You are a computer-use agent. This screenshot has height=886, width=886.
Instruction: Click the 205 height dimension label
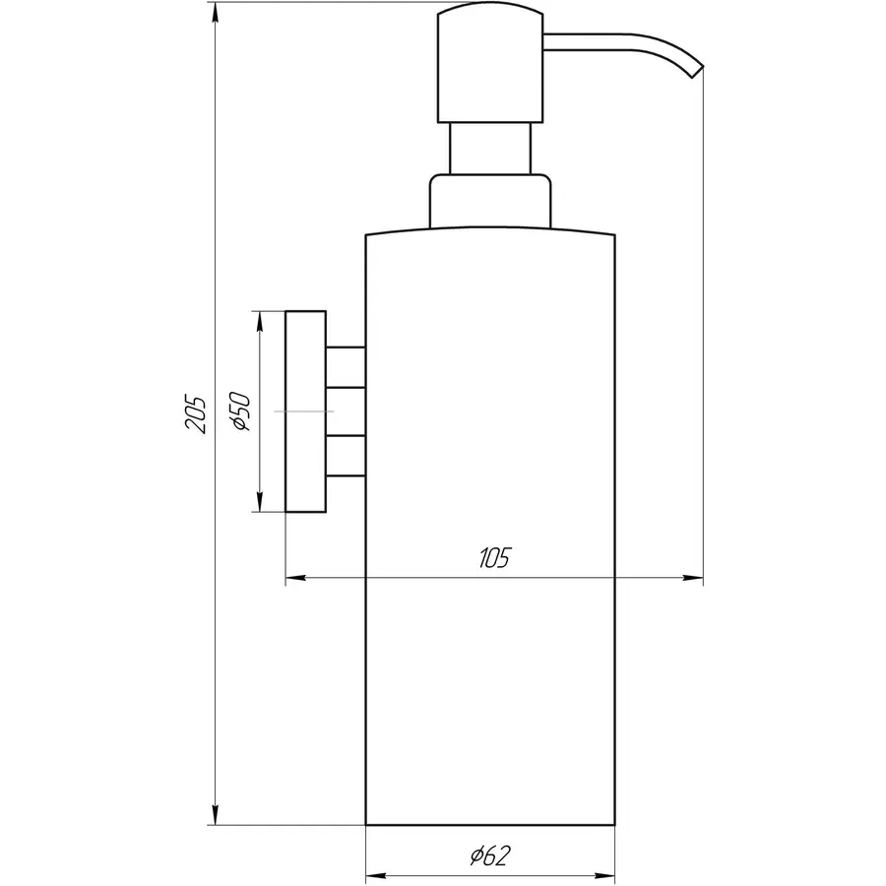pos(197,414)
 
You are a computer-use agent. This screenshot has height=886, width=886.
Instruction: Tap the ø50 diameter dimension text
pos(240,411)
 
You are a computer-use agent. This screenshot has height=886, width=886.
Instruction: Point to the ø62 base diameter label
pos(489,855)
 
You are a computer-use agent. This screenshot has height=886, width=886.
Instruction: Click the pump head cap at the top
pos(490,65)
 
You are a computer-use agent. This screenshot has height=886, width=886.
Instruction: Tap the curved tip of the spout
pos(695,68)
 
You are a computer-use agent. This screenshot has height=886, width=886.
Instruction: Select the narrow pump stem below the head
pos(490,150)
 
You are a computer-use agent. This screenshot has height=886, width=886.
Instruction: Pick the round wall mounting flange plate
pos(305,411)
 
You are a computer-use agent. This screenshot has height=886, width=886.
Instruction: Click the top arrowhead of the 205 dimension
pos(216,13)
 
